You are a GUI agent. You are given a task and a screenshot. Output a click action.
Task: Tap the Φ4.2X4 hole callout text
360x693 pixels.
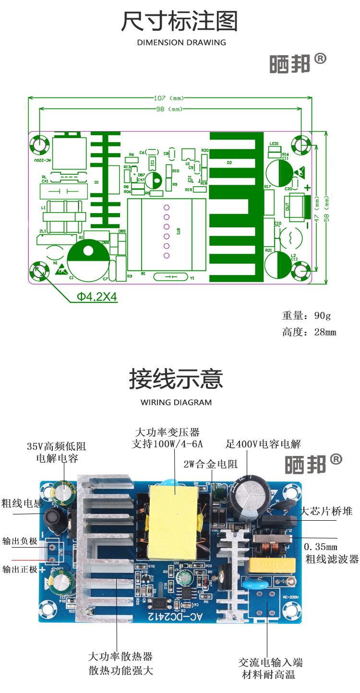(x=97, y=297)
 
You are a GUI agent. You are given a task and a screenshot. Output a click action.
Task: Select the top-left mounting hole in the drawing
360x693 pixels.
(x=39, y=143)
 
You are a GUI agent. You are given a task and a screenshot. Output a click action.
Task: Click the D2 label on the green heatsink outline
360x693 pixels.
(x=229, y=163)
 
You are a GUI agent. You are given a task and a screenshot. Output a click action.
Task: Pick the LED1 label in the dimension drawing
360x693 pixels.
(x=274, y=143)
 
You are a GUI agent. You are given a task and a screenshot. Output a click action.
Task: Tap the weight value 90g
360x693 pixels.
(x=322, y=316)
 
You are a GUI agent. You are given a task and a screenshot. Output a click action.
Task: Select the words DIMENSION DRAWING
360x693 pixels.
(x=181, y=42)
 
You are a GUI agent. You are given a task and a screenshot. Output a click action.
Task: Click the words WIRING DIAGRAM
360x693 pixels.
(x=176, y=402)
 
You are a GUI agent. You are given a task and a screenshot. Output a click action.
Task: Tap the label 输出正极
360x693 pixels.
(x=19, y=569)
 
